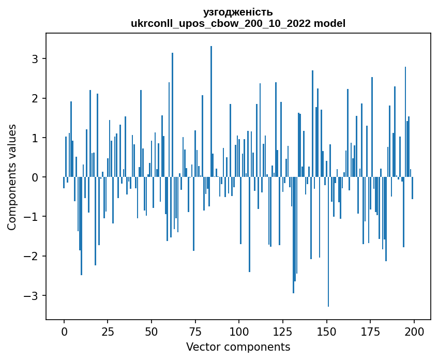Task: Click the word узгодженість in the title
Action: click(x=238, y=12)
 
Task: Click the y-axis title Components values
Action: click(x=12, y=177)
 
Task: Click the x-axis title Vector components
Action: click(x=238, y=347)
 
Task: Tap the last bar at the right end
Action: click(x=413, y=188)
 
